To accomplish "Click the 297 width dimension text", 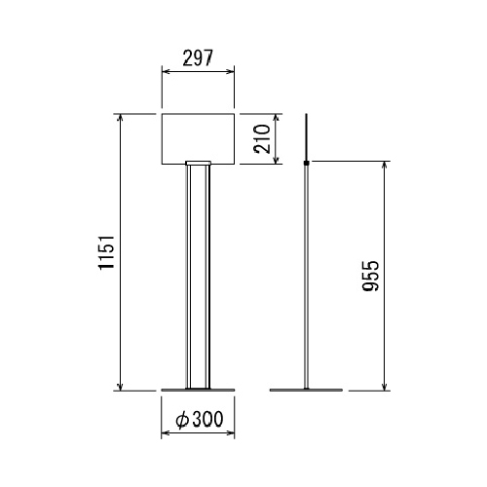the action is [x=198, y=58].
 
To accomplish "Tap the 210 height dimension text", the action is [x=262, y=139].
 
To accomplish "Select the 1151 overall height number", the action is [x=107, y=252].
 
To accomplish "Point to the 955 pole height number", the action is [x=370, y=276].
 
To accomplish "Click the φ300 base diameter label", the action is [x=200, y=419].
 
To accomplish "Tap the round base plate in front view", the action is [x=198, y=390].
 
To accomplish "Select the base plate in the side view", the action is [x=306, y=390].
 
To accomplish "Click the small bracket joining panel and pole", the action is [x=198, y=163].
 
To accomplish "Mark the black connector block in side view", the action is [x=306, y=163].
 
